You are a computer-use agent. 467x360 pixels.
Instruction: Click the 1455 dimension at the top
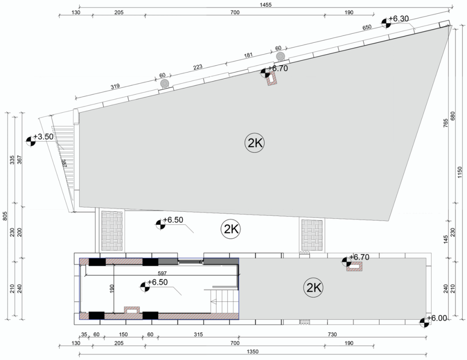265,5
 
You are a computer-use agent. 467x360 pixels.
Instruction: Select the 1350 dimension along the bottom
253,352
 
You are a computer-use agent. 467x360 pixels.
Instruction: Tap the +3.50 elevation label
43,137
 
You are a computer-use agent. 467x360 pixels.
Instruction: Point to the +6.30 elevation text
399,18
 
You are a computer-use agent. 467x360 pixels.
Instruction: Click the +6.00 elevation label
437,318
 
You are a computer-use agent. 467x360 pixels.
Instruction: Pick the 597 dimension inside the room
162,273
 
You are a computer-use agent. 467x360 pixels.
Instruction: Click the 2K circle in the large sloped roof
254,143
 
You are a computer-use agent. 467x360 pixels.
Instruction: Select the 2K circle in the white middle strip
231,229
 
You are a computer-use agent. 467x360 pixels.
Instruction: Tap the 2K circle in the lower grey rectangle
313,288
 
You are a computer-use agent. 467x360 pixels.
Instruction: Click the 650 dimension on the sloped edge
367,27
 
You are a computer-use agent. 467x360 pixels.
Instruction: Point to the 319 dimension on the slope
115,86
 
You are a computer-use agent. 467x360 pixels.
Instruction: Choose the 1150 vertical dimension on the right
460,172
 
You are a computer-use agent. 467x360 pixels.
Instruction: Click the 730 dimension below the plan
332,334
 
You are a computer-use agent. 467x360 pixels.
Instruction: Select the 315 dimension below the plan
198,334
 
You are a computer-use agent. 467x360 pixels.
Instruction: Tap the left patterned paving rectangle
112,231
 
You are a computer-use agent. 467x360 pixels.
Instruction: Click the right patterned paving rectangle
312,235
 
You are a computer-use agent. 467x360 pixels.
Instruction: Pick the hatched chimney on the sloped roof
272,79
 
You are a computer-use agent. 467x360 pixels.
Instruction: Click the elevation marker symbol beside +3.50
31,141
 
